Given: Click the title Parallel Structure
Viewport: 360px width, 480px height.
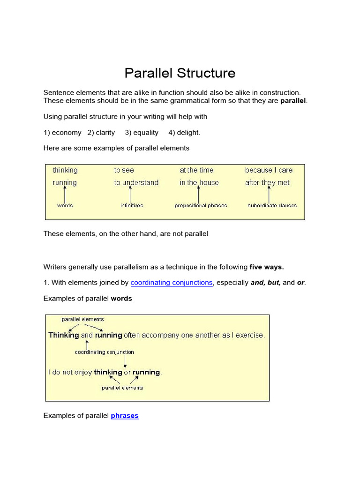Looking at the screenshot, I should click(x=180, y=73).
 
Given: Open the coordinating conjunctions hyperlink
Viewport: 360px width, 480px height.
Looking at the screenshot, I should click(x=171, y=283).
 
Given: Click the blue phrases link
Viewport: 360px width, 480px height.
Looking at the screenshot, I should click(x=125, y=416).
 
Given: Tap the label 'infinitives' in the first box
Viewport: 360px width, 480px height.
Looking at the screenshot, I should click(x=132, y=205).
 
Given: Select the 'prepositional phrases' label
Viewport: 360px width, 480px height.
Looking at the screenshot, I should click(x=201, y=205).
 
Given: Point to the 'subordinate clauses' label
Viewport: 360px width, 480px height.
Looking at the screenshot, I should click(x=272, y=205).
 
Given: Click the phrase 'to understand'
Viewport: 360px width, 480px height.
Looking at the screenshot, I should click(x=136, y=183).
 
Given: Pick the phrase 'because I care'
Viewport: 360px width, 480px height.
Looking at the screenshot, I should click(x=269, y=170).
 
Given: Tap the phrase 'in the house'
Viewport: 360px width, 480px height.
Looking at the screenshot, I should click(x=199, y=183).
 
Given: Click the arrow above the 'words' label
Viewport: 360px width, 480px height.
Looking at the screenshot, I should click(x=65, y=194).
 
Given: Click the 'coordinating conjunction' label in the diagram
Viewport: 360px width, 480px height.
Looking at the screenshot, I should click(x=105, y=352).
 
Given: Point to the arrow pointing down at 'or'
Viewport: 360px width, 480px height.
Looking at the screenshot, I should click(x=125, y=361).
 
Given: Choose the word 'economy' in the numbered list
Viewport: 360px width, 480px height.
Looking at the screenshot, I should click(x=67, y=133).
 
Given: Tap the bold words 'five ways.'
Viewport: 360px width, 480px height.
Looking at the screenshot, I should click(x=267, y=267).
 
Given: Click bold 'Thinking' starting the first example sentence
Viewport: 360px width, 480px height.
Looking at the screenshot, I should click(x=64, y=335).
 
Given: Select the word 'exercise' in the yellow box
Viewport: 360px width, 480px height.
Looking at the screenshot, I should click(x=250, y=335).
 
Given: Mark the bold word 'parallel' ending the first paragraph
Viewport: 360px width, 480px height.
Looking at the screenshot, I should click(x=293, y=101).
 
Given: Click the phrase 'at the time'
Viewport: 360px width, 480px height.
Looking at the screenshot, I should click(x=196, y=170).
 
